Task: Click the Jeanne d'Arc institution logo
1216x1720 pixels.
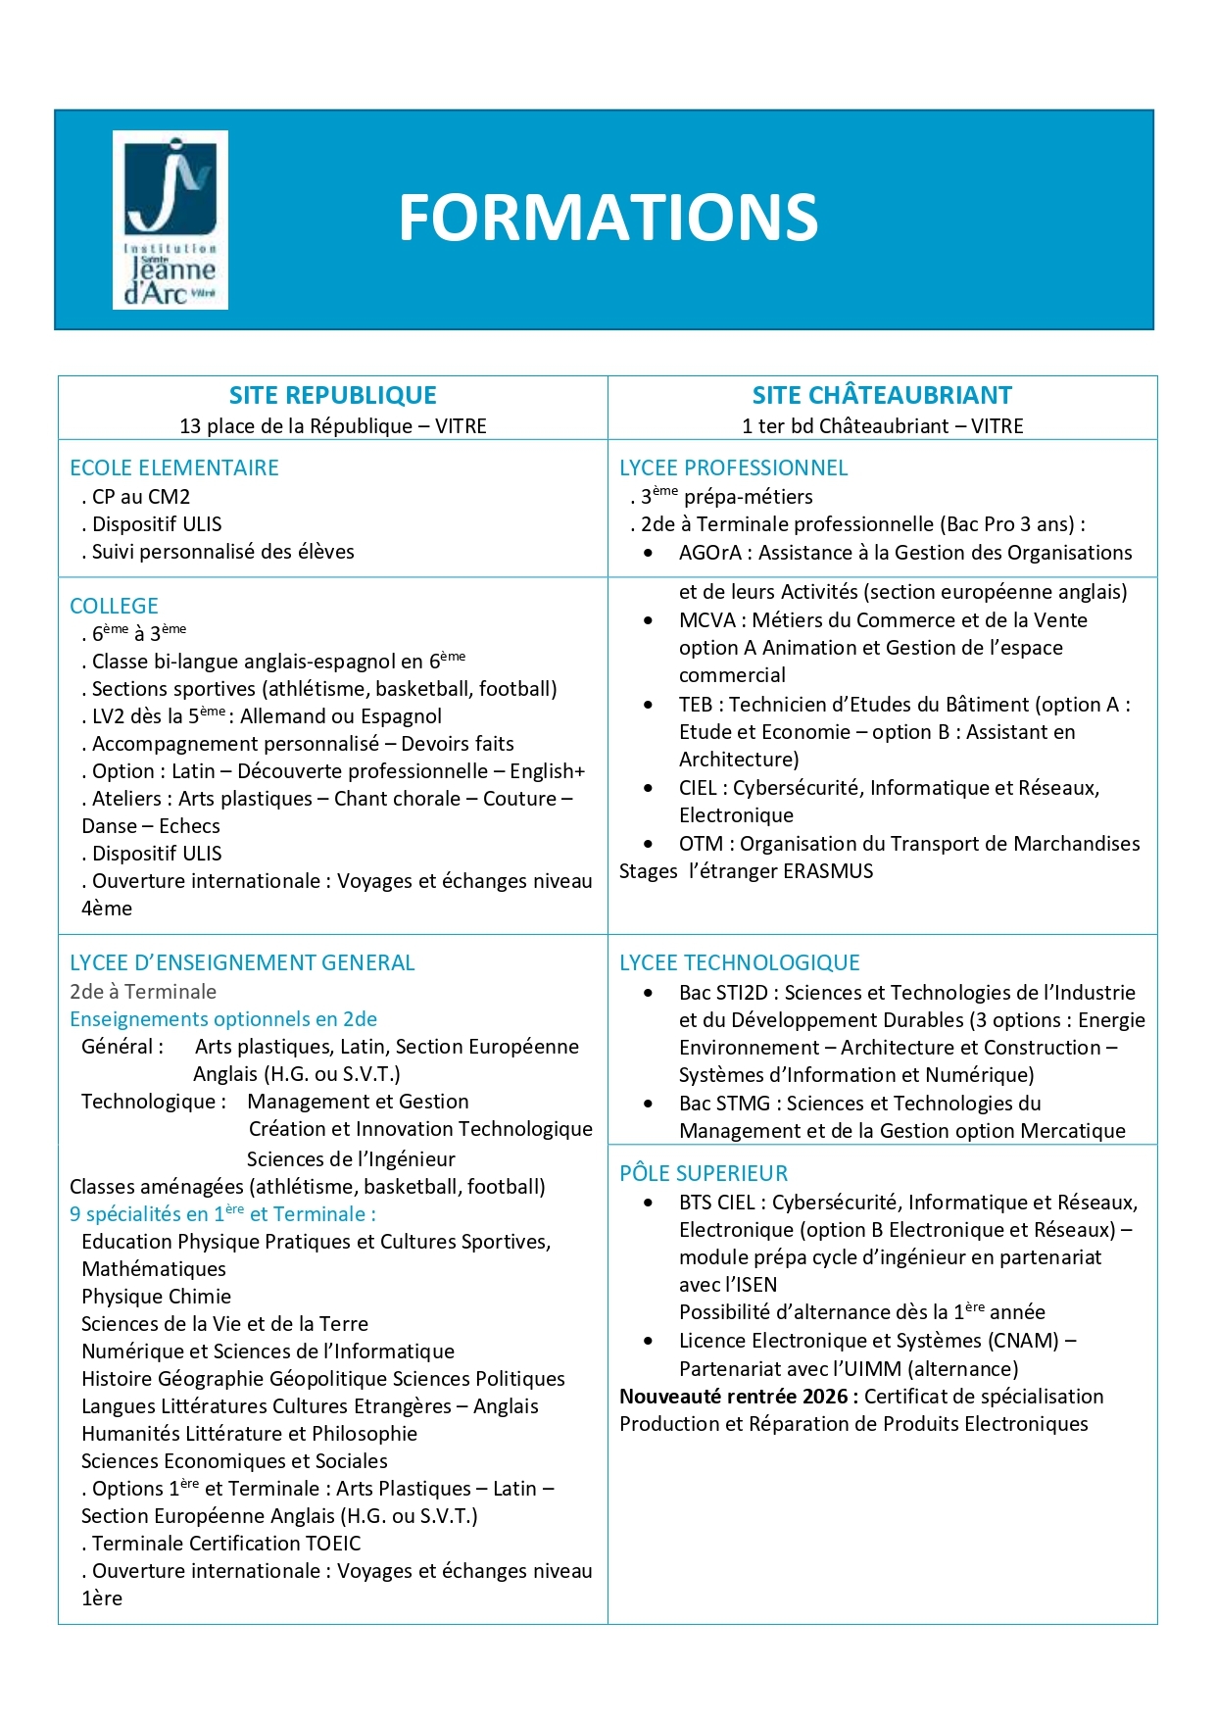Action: click(170, 220)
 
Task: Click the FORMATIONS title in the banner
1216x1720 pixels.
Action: click(608, 218)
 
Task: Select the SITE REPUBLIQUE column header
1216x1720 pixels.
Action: click(333, 395)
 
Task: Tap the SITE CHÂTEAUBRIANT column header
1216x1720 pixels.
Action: click(882, 395)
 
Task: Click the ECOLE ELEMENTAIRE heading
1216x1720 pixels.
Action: click(174, 467)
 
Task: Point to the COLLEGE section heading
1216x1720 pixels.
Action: click(114, 606)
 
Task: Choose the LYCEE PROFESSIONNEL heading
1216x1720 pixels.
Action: click(733, 467)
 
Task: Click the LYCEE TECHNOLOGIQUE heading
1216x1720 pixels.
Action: click(739, 962)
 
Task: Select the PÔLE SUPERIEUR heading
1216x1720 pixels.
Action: click(704, 1173)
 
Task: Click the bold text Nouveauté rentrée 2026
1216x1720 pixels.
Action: click(739, 1397)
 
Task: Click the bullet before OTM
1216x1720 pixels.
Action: click(649, 844)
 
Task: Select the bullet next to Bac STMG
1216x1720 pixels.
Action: click(649, 1104)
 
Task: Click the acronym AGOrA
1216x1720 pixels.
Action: click(710, 553)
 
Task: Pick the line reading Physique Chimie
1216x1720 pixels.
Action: click(156, 1297)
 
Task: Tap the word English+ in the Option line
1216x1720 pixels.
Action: click(547, 771)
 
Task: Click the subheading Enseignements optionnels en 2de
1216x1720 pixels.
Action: click(223, 1019)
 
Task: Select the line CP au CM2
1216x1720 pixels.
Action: click(140, 497)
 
